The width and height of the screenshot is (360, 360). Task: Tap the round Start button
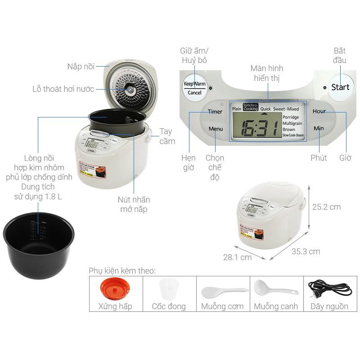coord(340,87)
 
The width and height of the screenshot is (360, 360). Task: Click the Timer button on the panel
coord(215,112)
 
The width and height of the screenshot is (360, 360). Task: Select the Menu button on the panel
coord(216,129)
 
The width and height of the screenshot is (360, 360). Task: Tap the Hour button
coord(319,111)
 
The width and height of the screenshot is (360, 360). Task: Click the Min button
coord(319,128)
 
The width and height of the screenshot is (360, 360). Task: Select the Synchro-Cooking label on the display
coord(251,107)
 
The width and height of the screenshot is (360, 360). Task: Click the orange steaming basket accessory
coord(116,288)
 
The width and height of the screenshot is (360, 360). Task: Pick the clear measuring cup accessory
coord(168,288)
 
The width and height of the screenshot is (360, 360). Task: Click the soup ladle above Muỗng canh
coord(274,288)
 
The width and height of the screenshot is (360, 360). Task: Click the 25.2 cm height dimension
coord(326,207)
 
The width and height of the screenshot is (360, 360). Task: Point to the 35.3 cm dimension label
coord(306,252)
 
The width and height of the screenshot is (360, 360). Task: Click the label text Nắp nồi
coord(81,67)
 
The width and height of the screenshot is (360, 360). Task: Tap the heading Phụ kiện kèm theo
coord(122,270)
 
